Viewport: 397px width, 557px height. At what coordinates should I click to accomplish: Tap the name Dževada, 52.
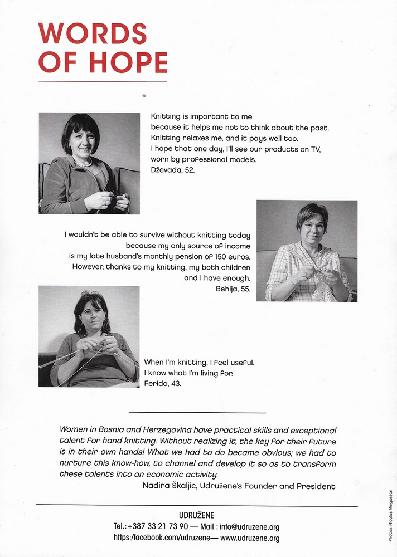173,170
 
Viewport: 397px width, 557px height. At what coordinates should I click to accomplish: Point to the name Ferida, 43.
166,384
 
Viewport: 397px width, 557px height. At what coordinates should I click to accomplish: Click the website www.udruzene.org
250,538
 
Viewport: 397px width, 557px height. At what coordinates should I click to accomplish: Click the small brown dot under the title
144,95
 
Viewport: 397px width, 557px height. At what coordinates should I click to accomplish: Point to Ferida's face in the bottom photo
93,315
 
